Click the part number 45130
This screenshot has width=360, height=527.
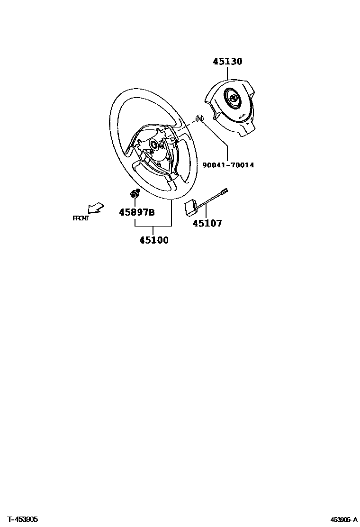coord(227,62)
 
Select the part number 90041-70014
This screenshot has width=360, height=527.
coord(228,165)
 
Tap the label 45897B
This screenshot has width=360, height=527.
coord(137,212)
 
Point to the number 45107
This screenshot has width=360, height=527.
coord(207,223)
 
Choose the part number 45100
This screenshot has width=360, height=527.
coord(154,240)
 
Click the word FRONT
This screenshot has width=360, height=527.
coord(81,218)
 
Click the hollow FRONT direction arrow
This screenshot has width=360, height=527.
coord(96,208)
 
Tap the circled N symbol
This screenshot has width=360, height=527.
coord(199,118)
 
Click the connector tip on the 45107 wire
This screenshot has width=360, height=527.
coord(225,191)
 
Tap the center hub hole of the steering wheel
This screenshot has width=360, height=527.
coord(154,145)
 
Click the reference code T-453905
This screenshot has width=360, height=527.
coord(22,519)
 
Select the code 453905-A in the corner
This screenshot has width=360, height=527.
coord(344,519)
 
